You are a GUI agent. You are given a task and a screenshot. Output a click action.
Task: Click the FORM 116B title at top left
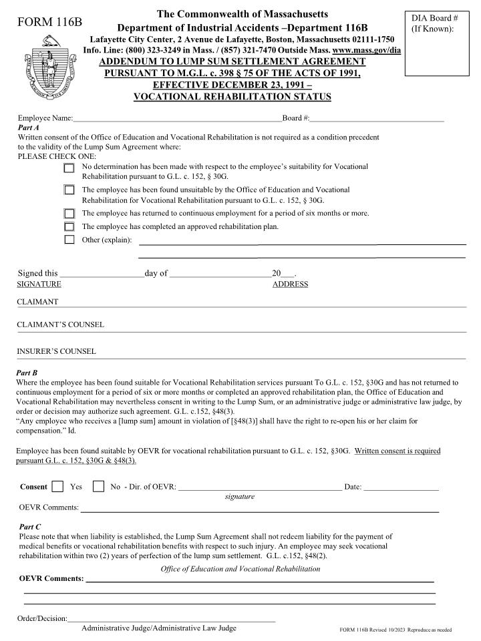[49, 22]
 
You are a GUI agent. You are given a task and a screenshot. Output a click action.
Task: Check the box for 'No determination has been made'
[69, 168]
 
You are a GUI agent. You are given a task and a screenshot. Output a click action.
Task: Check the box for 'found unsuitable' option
[69, 190]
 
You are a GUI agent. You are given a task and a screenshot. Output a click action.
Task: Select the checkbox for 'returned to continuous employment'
[69, 214]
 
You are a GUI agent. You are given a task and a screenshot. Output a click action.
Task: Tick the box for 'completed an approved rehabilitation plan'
[69, 227]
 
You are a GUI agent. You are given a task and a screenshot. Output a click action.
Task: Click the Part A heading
[28, 127]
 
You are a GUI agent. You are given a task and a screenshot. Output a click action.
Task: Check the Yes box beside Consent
[58, 487]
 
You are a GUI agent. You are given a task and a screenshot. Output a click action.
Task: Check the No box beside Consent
[98, 487]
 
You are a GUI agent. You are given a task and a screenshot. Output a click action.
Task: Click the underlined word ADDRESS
[290, 284]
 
